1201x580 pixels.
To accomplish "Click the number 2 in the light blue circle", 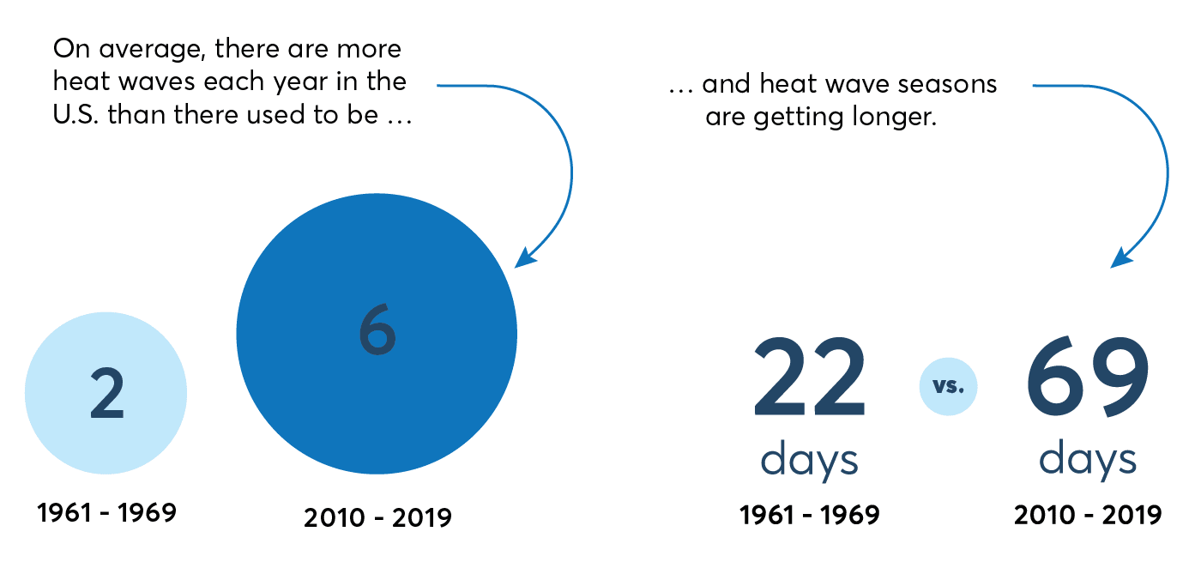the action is (107, 393).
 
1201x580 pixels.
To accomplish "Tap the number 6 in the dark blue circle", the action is (377, 329).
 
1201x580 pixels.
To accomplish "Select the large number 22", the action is (809, 377).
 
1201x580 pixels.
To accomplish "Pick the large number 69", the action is (1088, 377).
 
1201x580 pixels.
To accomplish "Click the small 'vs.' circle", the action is (948, 386).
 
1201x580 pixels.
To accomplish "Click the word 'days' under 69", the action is (1088, 459).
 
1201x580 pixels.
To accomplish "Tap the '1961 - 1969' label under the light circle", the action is (106, 512).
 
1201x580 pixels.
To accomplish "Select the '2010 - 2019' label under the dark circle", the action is (377, 517).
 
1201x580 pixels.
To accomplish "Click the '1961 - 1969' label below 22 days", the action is (810, 515).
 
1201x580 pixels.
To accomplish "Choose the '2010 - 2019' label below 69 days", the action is (1088, 515).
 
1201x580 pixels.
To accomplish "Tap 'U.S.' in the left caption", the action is (75, 115).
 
